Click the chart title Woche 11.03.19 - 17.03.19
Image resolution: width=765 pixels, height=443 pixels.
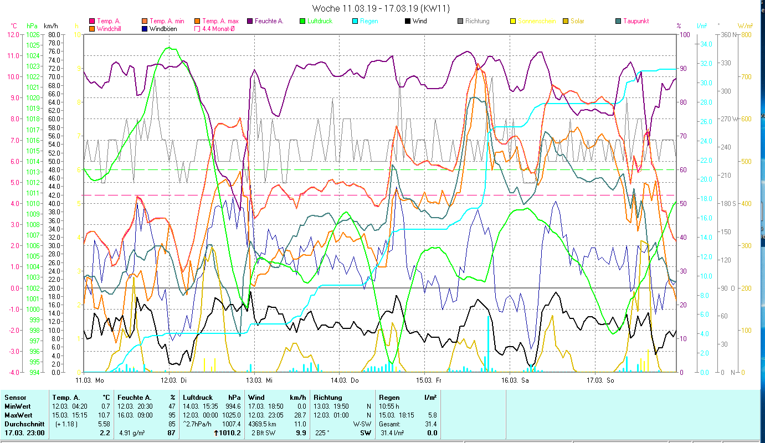tap(381, 8)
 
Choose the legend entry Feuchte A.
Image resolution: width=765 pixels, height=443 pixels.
tap(269, 21)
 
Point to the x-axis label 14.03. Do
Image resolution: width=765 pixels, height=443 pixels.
tap(345, 380)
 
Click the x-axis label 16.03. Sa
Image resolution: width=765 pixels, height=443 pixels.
tap(515, 380)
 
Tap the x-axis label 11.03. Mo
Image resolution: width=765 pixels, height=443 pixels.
tap(89, 380)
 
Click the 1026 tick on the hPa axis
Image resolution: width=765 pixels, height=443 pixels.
tap(33, 34)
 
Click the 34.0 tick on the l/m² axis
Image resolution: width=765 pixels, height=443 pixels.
tap(705, 44)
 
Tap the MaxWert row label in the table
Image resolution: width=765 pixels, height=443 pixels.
tap(19, 415)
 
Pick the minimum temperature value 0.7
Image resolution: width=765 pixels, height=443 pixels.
tap(106, 406)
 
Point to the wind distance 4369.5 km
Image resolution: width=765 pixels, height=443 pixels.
tap(266, 424)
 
